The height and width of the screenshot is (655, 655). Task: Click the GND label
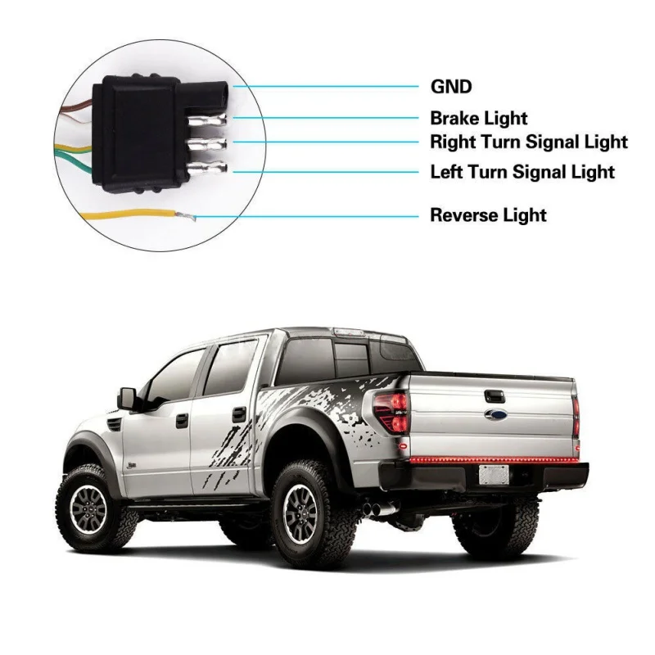[451, 87]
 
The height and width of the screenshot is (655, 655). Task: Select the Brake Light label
[479, 118]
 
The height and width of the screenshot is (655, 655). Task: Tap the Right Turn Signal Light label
[529, 142]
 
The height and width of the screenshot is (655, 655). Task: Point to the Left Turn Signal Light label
[522, 172]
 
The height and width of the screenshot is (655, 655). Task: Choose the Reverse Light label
[488, 215]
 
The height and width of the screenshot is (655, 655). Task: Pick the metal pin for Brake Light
[207, 120]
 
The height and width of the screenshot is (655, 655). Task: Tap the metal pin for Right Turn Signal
[208, 145]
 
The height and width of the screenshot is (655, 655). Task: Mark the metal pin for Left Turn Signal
[208, 169]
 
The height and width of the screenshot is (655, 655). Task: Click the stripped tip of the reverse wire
[186, 215]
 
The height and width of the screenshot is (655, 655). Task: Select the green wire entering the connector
[76, 161]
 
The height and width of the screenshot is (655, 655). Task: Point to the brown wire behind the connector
[76, 108]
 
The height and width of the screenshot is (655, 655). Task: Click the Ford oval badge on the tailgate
[496, 414]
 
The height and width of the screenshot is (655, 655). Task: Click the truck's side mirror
[128, 399]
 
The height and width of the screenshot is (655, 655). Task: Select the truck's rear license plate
[494, 475]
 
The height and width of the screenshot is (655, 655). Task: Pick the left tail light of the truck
[391, 413]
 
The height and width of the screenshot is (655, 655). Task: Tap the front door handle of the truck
[182, 420]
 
